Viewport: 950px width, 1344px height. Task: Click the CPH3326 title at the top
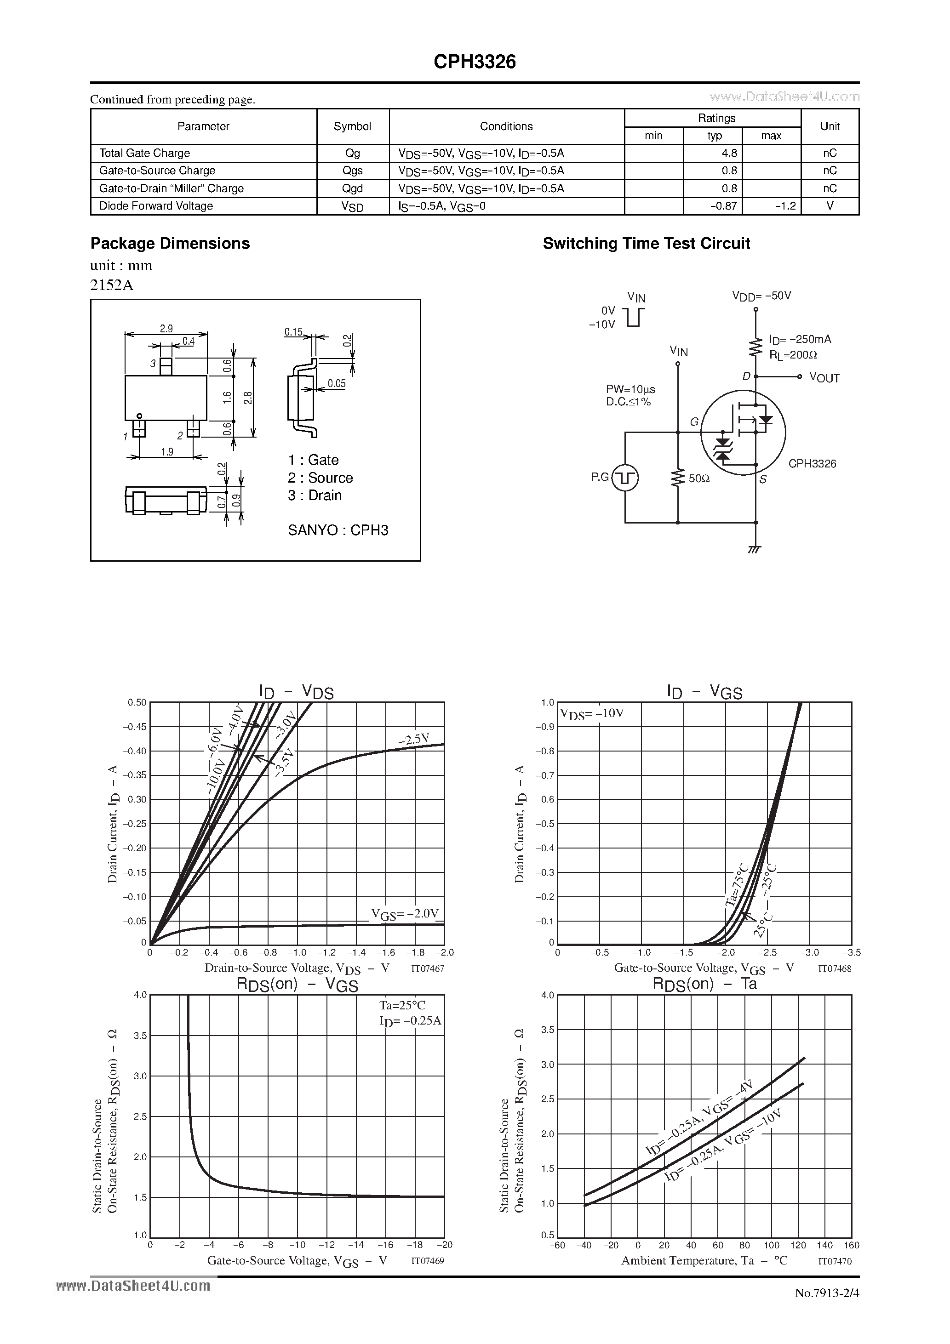point(475,62)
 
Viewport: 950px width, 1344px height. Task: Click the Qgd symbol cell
point(353,188)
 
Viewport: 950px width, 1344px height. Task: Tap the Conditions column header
point(506,126)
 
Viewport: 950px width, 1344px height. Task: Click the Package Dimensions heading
point(170,244)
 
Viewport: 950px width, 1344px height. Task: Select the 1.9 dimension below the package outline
point(167,452)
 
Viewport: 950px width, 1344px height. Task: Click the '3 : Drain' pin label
point(315,495)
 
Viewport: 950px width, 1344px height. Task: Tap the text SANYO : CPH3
point(338,530)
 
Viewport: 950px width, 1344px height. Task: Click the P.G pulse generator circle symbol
point(625,478)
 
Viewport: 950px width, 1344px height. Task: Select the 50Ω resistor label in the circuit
point(699,478)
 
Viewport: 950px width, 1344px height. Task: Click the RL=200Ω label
point(793,355)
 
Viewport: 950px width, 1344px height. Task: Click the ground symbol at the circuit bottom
point(755,550)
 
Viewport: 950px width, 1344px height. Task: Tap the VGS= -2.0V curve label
point(405,914)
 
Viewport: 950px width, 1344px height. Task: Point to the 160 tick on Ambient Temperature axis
point(852,1245)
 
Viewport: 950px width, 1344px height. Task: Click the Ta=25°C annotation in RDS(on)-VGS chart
point(402,1006)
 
